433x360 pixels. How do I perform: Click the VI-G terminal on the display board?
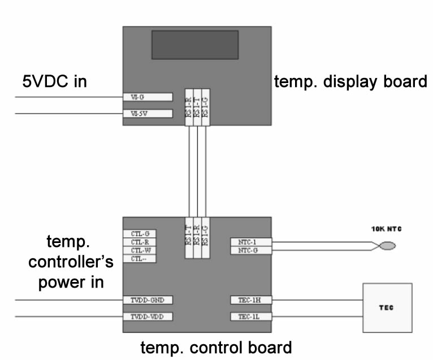click(x=147, y=97)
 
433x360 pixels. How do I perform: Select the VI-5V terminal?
click(x=147, y=114)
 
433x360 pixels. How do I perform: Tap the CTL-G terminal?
click(x=140, y=233)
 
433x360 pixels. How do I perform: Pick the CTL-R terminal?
click(x=140, y=242)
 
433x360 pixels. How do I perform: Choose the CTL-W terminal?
click(x=140, y=250)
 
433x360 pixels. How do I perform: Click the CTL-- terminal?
click(x=140, y=259)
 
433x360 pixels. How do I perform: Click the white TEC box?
click(x=387, y=307)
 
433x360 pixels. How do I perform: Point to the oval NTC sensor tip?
click(x=387, y=246)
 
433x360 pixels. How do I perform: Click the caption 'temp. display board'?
click(x=350, y=82)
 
